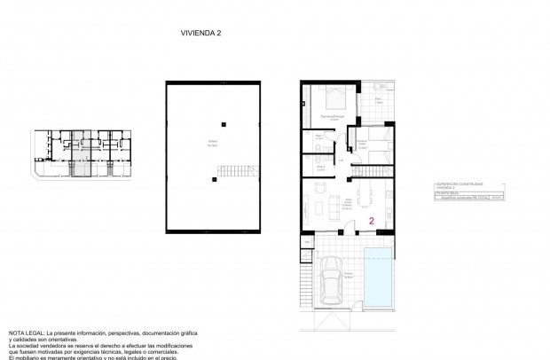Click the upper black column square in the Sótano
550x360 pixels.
224,124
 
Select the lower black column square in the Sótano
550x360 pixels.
214,180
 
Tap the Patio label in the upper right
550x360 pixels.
378,100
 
